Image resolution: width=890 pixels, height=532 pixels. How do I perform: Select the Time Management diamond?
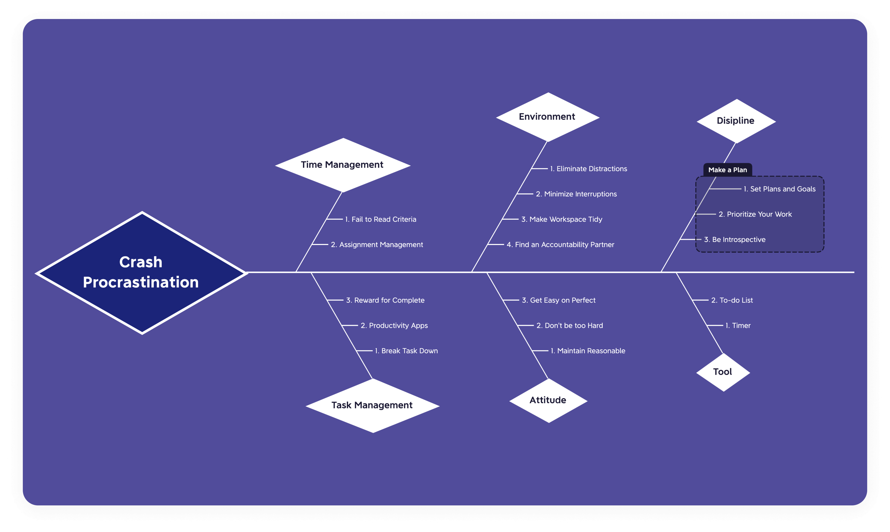(342, 165)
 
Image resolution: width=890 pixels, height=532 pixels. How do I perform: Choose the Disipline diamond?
(736, 121)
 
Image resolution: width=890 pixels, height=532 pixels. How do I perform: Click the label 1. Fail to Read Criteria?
(381, 219)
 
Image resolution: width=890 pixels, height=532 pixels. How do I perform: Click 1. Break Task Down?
(406, 351)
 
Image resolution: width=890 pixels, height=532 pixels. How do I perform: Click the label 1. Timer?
(738, 326)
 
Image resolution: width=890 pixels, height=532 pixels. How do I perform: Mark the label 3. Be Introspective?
(734, 239)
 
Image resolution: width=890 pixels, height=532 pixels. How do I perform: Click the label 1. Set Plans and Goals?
(779, 189)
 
